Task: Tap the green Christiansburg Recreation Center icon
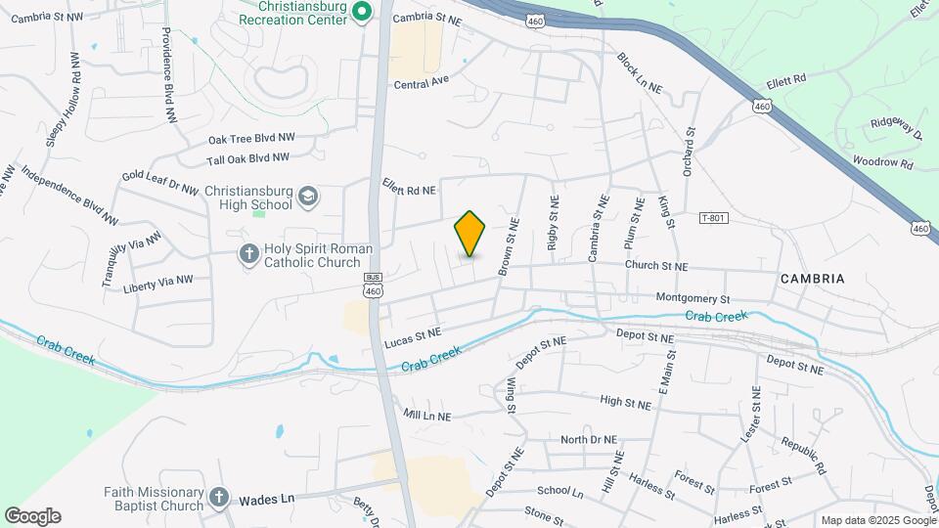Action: (x=361, y=12)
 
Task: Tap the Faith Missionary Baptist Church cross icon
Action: (x=218, y=498)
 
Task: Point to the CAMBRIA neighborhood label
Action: (x=812, y=279)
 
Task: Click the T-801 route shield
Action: (x=714, y=218)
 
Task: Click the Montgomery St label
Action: (x=693, y=298)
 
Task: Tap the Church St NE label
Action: (x=656, y=266)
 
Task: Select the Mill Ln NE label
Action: (x=426, y=417)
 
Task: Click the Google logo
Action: (x=32, y=516)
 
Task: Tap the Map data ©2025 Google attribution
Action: (x=876, y=520)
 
